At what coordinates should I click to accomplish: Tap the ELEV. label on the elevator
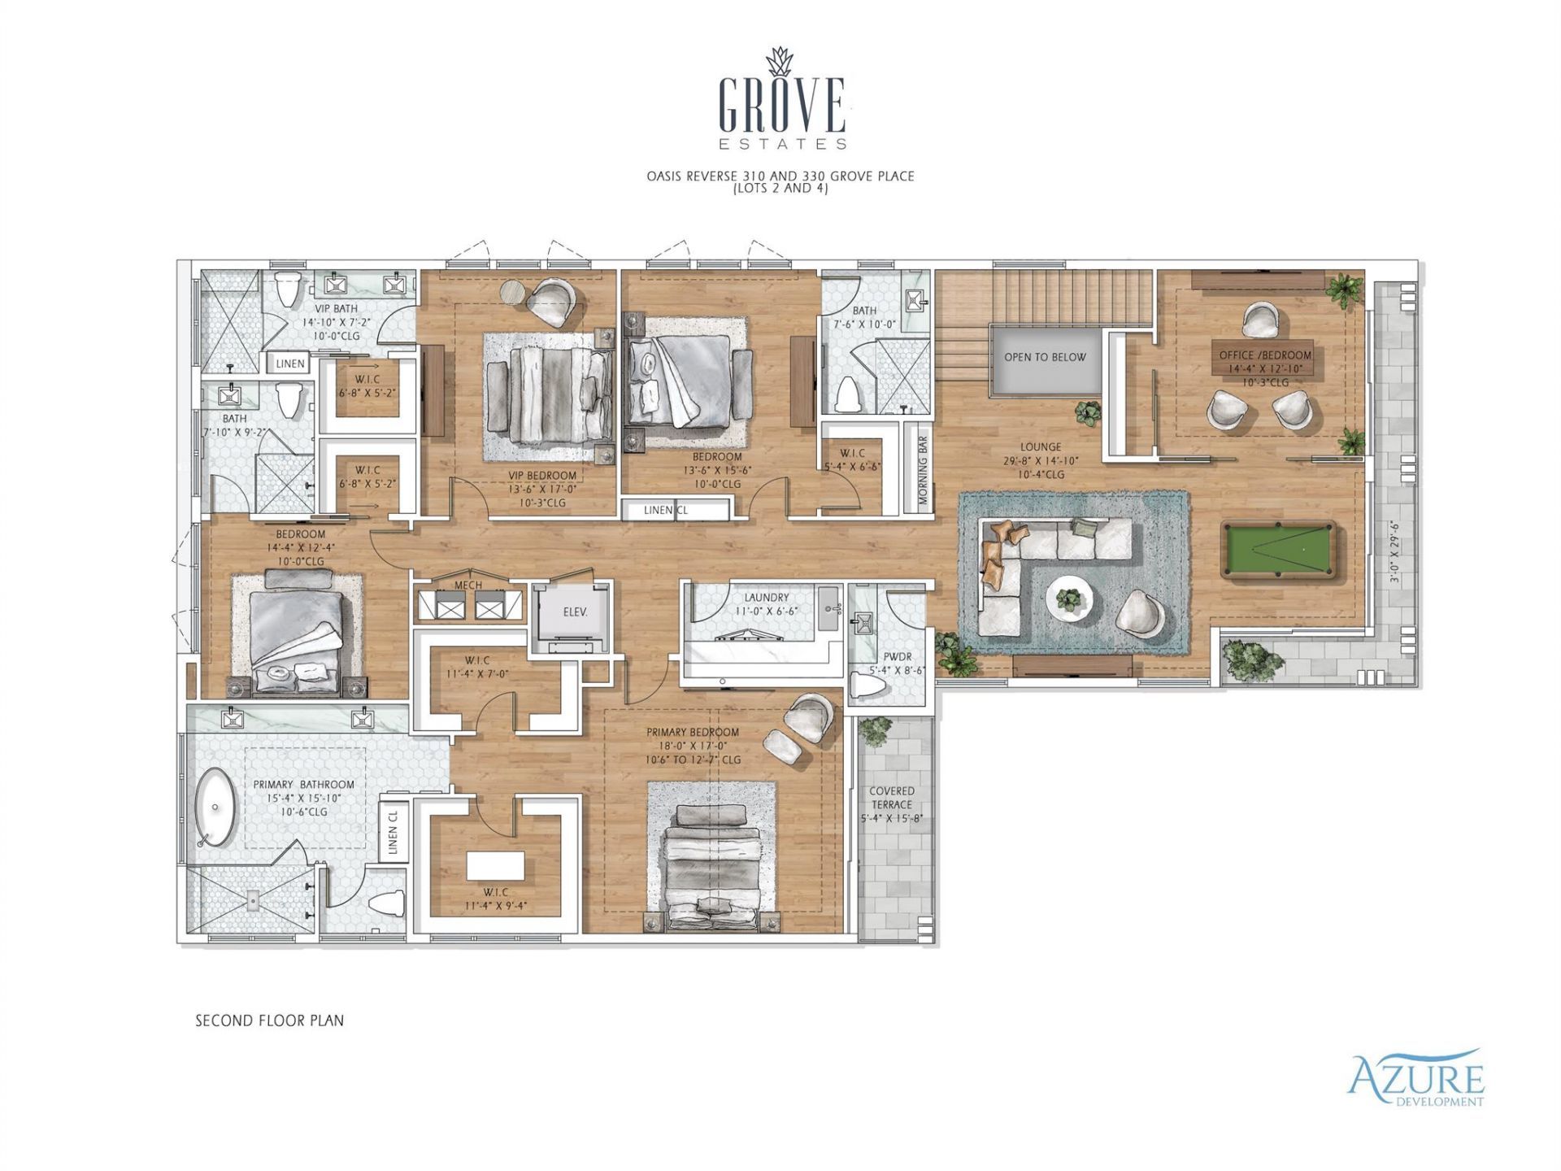(575, 612)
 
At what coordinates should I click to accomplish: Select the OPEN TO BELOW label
(1045, 357)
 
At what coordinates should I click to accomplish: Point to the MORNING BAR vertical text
(923, 471)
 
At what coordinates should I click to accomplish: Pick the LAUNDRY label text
(766, 597)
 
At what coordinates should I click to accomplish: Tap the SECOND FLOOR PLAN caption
(269, 1021)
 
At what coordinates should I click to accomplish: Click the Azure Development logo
(1415, 1077)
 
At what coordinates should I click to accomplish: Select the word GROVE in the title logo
(781, 106)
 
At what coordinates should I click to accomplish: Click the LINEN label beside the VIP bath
(290, 363)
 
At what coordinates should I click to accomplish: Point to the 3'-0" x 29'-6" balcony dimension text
(1394, 552)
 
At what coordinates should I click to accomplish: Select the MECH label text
(467, 585)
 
